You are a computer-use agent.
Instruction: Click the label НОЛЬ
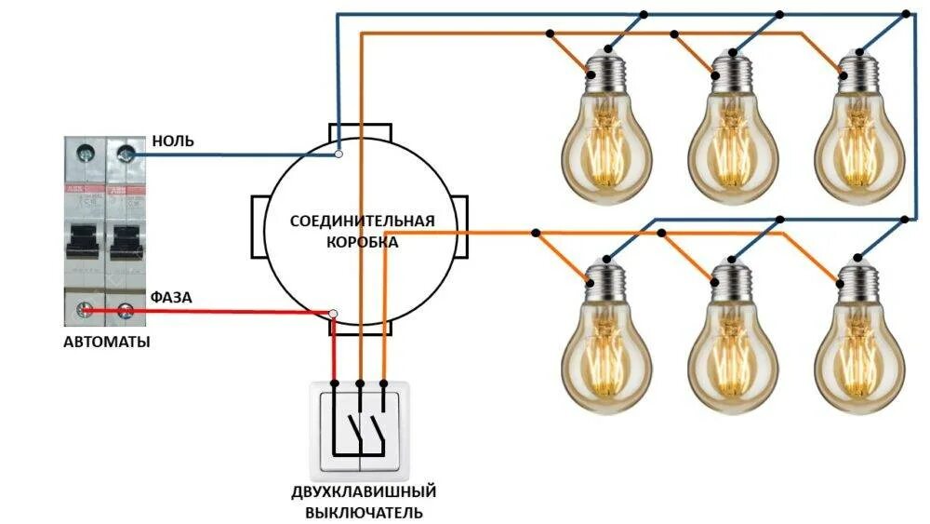tap(172, 141)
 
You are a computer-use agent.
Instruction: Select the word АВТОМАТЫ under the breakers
tap(106, 343)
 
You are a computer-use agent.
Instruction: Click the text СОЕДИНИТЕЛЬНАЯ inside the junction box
tap(362, 222)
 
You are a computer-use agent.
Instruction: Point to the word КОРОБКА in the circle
tap(362, 242)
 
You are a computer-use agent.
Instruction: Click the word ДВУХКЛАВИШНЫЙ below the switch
tap(363, 491)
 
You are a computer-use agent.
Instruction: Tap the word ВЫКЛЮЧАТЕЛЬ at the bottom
tap(363, 513)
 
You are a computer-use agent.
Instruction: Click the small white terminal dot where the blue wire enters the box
tap(339, 154)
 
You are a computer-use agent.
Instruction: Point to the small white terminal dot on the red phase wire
tap(334, 314)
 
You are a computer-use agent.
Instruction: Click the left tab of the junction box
tap(259, 227)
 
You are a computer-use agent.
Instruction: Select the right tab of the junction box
tap(464, 227)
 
